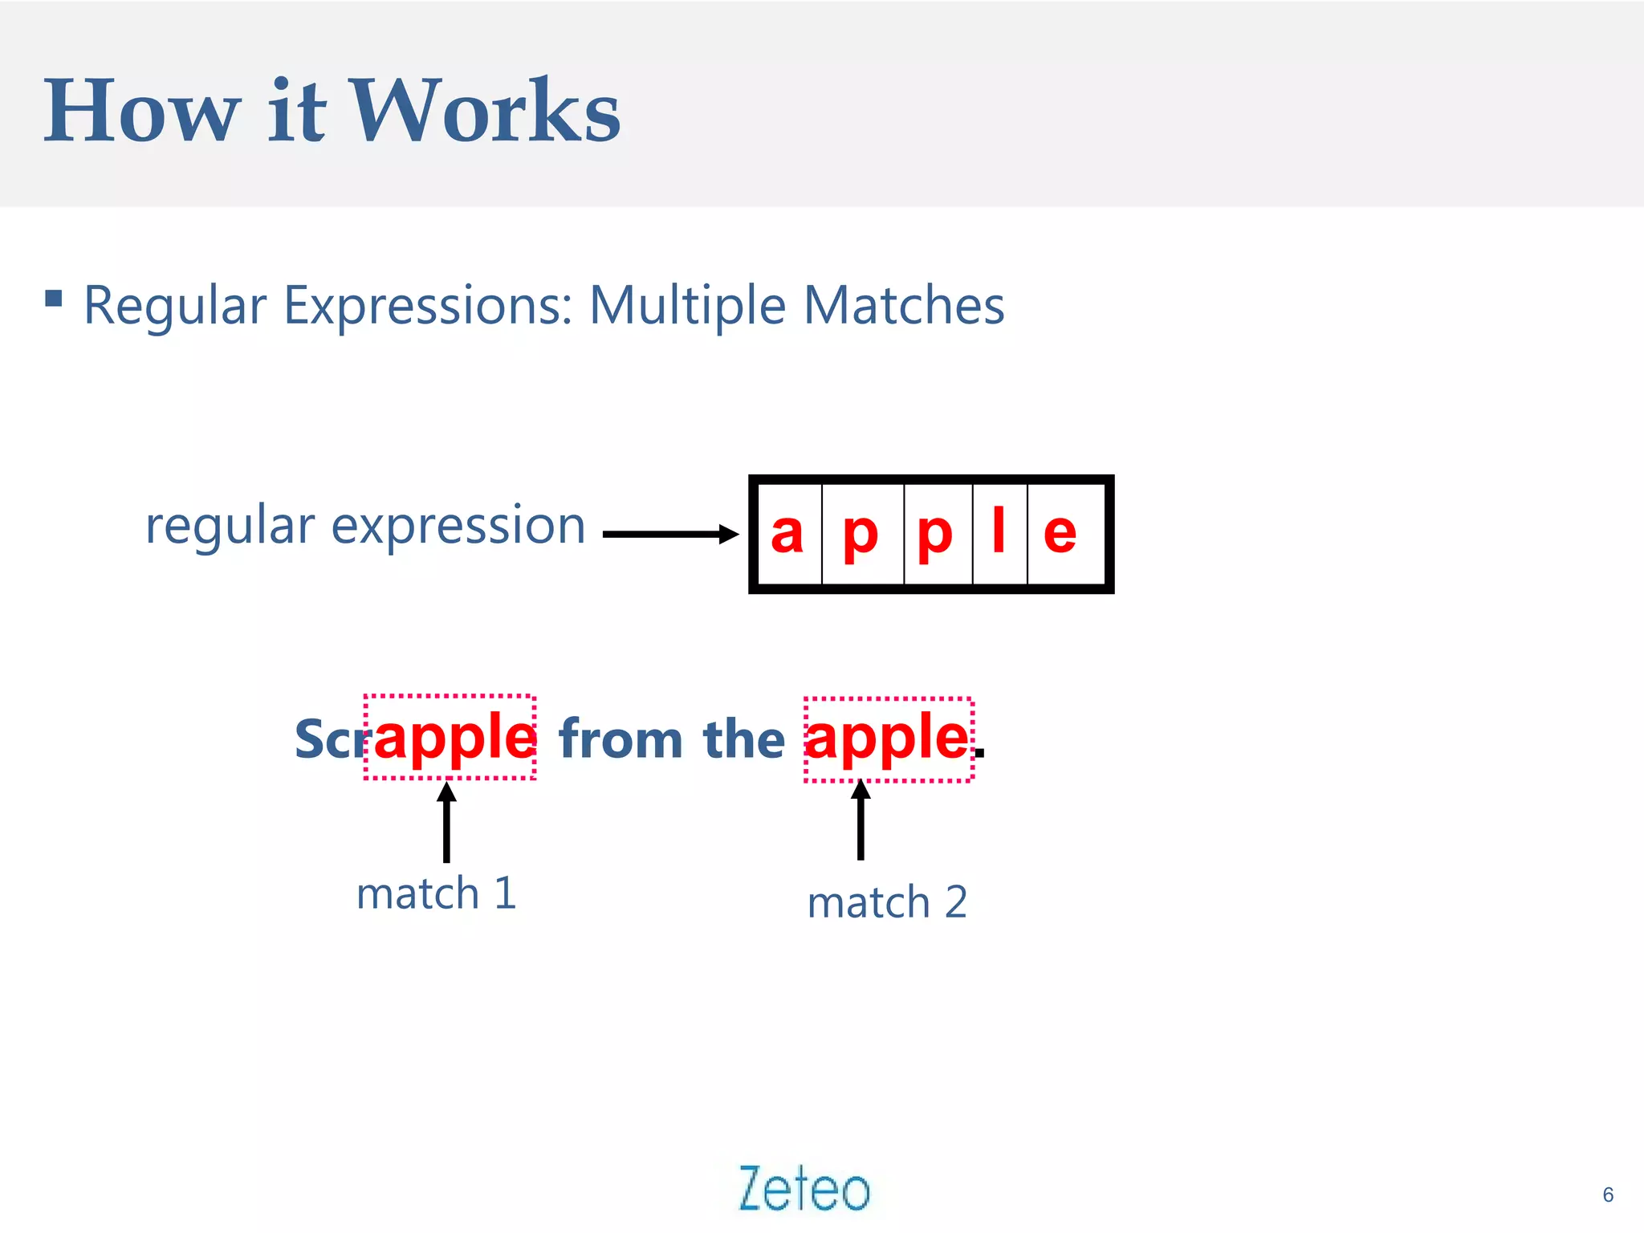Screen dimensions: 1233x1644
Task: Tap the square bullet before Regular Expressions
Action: click(x=54, y=299)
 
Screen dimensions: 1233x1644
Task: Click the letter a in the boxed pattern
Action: click(x=787, y=533)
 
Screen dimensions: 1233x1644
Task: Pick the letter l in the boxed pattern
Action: click(x=999, y=531)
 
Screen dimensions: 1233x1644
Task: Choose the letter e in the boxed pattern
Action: click(x=1060, y=533)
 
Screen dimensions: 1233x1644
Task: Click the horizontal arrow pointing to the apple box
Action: click(x=670, y=534)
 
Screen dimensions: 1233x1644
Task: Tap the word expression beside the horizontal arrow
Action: click(x=458, y=527)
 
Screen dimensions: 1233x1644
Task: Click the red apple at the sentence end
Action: click(x=886, y=737)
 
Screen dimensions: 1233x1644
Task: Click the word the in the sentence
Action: click(x=743, y=739)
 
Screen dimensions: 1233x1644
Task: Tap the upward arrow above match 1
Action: click(x=447, y=822)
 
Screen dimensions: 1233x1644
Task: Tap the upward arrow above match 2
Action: click(x=861, y=820)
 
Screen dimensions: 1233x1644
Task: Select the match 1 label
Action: click(x=436, y=893)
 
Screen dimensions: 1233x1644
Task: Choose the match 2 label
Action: click(x=887, y=902)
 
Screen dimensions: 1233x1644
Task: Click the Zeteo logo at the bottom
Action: click(x=804, y=1188)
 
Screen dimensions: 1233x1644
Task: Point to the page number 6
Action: click(x=1608, y=1194)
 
